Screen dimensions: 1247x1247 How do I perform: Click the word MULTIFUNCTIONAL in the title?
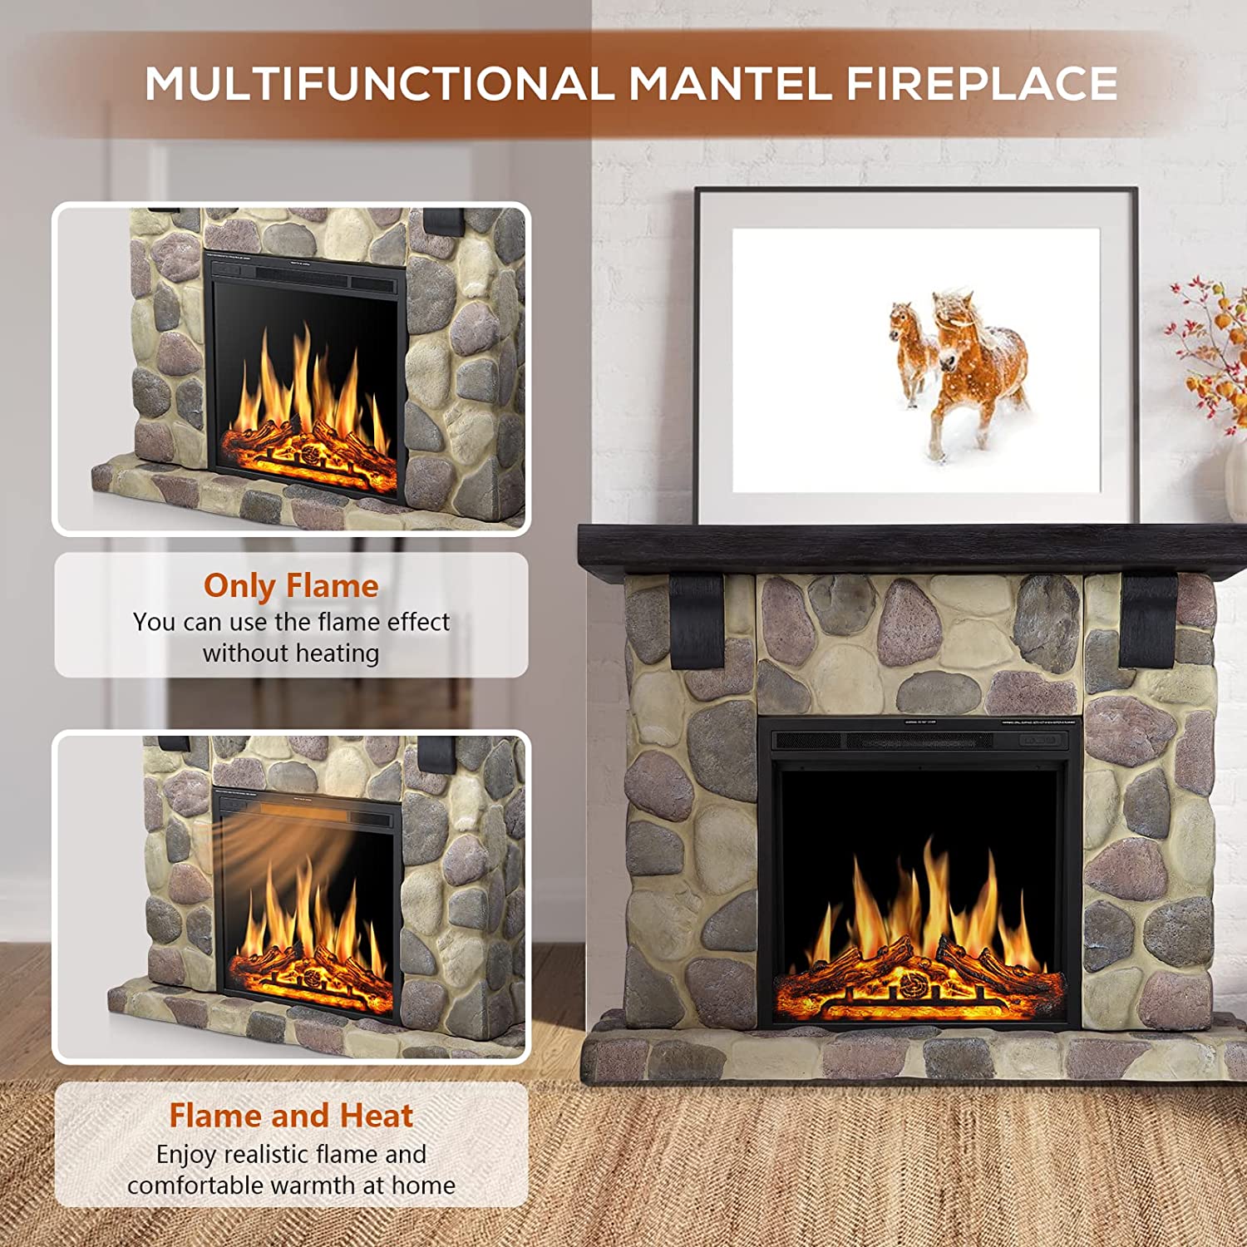379,84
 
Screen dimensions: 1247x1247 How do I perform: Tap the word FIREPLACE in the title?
982,84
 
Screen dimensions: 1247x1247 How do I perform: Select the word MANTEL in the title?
730,84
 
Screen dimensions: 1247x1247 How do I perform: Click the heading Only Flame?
291,585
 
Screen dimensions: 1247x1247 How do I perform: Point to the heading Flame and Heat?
291,1116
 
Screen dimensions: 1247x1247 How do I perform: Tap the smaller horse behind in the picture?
909,349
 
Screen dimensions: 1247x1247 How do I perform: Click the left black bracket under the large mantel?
697,619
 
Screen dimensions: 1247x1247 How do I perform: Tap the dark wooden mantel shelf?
910,549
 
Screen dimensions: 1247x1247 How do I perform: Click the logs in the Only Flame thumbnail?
308,453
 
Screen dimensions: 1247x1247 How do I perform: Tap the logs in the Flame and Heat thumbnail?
312,973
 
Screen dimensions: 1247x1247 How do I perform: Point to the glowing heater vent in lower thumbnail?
303,810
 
